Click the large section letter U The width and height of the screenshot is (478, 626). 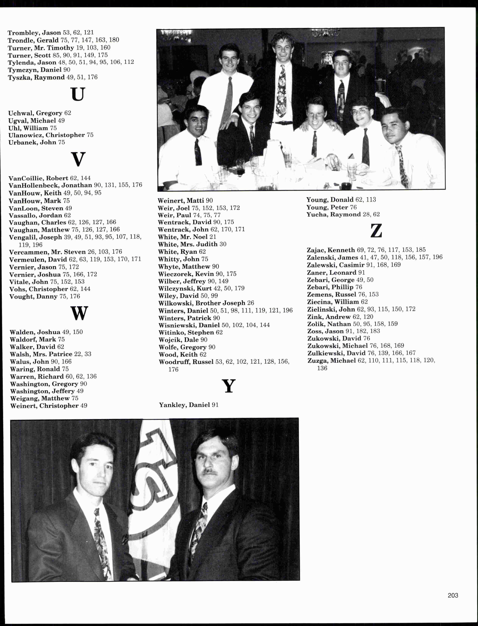(x=78, y=94)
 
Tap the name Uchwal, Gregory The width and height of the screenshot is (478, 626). (x=36, y=113)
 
